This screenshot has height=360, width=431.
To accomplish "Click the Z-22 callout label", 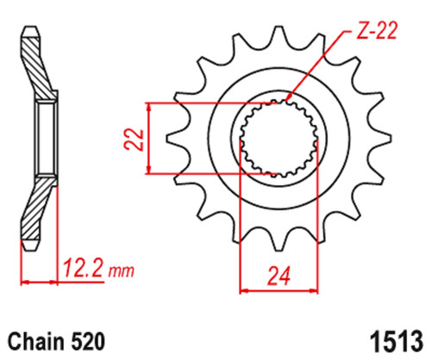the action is click(x=377, y=30).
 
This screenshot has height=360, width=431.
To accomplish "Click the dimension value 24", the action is click(x=279, y=276).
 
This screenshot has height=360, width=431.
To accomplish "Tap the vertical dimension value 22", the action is click(x=134, y=140).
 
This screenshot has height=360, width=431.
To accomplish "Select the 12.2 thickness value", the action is click(x=83, y=268).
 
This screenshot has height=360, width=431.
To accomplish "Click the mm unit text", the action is click(x=121, y=270).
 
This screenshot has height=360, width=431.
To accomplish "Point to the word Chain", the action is click(x=35, y=342).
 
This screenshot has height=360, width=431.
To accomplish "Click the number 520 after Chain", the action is click(x=87, y=342).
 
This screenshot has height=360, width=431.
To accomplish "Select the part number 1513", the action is click(x=397, y=342).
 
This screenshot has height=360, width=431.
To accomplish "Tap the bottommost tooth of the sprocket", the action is click(x=278, y=241).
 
